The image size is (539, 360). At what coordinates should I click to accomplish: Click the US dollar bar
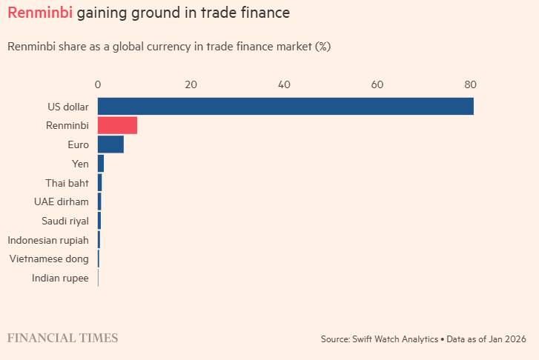tap(285, 106)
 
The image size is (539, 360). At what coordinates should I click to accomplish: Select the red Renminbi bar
tap(117, 125)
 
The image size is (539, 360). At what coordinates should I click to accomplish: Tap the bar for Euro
tap(110, 144)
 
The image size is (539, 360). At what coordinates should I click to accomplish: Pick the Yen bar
tap(101, 164)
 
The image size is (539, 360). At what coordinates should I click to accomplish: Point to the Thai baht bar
tap(99, 182)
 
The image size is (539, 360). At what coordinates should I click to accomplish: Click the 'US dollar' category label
tap(68, 107)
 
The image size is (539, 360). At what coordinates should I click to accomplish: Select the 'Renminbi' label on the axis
tap(67, 126)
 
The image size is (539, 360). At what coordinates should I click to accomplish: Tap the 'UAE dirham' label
tap(62, 201)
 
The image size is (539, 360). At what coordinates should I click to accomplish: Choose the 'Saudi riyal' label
tap(65, 221)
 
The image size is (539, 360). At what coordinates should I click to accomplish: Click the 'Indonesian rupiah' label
tap(48, 240)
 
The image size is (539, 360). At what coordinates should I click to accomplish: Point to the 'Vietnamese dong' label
tap(49, 259)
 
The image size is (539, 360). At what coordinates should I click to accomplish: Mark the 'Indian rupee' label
tap(60, 279)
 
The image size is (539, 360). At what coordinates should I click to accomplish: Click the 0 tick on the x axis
tap(98, 84)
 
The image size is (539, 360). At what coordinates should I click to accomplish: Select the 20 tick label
tap(191, 84)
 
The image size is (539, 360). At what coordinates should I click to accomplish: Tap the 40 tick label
tap(284, 84)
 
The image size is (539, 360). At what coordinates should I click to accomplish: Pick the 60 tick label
tap(377, 84)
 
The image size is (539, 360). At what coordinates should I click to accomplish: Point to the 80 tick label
tap(470, 84)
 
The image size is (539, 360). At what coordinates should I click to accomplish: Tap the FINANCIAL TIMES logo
tap(62, 338)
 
